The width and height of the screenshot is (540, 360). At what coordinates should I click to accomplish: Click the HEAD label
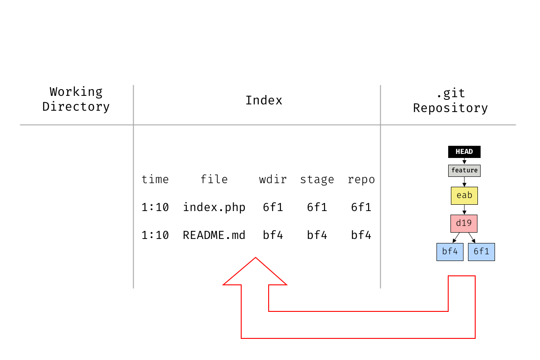pyautogui.click(x=464, y=152)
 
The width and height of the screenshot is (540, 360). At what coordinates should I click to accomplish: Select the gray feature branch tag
pyautogui.click(x=464, y=171)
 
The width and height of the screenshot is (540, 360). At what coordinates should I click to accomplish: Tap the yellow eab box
pyautogui.click(x=464, y=196)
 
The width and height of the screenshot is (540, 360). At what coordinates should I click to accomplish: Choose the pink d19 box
pyautogui.click(x=464, y=224)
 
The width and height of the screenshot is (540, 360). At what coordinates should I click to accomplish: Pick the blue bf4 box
pyautogui.click(x=450, y=252)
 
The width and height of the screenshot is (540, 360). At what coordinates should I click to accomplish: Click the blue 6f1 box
pyautogui.click(x=481, y=252)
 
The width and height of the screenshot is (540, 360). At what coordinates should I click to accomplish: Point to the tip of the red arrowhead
pyautogui.click(x=256, y=257)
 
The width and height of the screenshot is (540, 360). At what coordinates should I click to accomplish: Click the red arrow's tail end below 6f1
pyautogui.click(x=462, y=276)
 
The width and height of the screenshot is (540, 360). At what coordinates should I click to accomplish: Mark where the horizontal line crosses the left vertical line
pyautogui.click(x=133, y=125)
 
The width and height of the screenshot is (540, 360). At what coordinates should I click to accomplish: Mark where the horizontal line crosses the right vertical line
pyautogui.click(x=380, y=125)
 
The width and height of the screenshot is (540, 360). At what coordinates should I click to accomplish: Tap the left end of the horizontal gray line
pyautogui.click(x=20, y=125)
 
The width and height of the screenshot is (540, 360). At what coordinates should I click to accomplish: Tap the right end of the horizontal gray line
pyautogui.click(x=516, y=125)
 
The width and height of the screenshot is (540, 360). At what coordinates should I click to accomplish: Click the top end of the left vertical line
pyautogui.click(x=133, y=85)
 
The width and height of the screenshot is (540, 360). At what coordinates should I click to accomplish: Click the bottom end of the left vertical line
pyautogui.click(x=133, y=288)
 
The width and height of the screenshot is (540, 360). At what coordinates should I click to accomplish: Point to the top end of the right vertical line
pyautogui.click(x=380, y=85)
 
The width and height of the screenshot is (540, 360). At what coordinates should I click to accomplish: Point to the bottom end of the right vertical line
pyautogui.click(x=380, y=288)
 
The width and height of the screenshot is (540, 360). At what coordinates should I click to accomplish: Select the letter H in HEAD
pyautogui.click(x=458, y=152)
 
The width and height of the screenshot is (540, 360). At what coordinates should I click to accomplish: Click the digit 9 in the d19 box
pyautogui.click(x=469, y=224)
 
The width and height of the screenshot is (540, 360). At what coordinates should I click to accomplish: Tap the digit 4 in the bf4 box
pyautogui.click(x=455, y=252)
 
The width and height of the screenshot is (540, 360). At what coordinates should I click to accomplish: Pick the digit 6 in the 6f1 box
pyautogui.click(x=476, y=252)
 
